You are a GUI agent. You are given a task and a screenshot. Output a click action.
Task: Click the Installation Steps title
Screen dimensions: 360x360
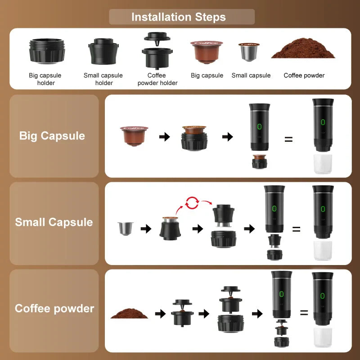[179, 17]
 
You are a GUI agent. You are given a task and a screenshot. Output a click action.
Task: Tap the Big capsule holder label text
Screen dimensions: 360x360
[45, 79]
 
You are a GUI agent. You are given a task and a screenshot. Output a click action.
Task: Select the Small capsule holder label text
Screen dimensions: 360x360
[103, 79]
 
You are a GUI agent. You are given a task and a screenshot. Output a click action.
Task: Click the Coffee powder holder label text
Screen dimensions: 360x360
[157, 79]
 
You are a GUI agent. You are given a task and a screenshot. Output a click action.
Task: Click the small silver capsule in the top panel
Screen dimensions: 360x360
[249, 52]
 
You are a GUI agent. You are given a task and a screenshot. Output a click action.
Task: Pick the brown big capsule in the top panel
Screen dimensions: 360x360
[207, 52]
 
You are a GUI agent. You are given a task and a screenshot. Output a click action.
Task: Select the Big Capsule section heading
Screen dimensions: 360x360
[52, 136]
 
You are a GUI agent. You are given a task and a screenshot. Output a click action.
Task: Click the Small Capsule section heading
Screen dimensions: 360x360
[54, 222]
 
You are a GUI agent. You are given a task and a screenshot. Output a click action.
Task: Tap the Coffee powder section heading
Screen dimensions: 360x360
[54, 309]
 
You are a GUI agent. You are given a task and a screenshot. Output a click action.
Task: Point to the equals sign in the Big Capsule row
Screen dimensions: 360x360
[288, 139]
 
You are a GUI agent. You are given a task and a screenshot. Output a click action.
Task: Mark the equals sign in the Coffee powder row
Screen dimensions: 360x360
[304, 312]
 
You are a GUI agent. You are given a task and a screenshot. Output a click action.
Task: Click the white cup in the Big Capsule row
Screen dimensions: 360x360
[323, 165]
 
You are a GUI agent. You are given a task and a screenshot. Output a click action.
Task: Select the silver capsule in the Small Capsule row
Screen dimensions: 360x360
[124, 229]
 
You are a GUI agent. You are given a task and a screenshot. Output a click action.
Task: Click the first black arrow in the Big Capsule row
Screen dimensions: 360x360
[165, 137]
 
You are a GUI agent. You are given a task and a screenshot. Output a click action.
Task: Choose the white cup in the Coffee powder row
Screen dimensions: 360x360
[323, 338]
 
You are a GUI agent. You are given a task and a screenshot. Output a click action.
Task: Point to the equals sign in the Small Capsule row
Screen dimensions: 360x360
[296, 229]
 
